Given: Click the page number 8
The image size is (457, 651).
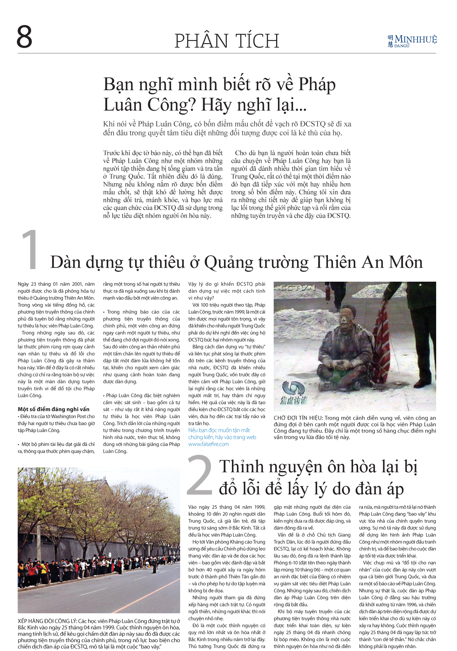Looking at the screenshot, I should tap(24, 37).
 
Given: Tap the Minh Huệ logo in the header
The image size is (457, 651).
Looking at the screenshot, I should tap(412, 41).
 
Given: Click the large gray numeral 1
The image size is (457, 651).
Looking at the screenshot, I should tap(31, 250).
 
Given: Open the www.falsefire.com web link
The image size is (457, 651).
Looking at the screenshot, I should tap(209, 444).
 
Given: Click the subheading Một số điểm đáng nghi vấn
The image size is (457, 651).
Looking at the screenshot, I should tap(54, 409).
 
